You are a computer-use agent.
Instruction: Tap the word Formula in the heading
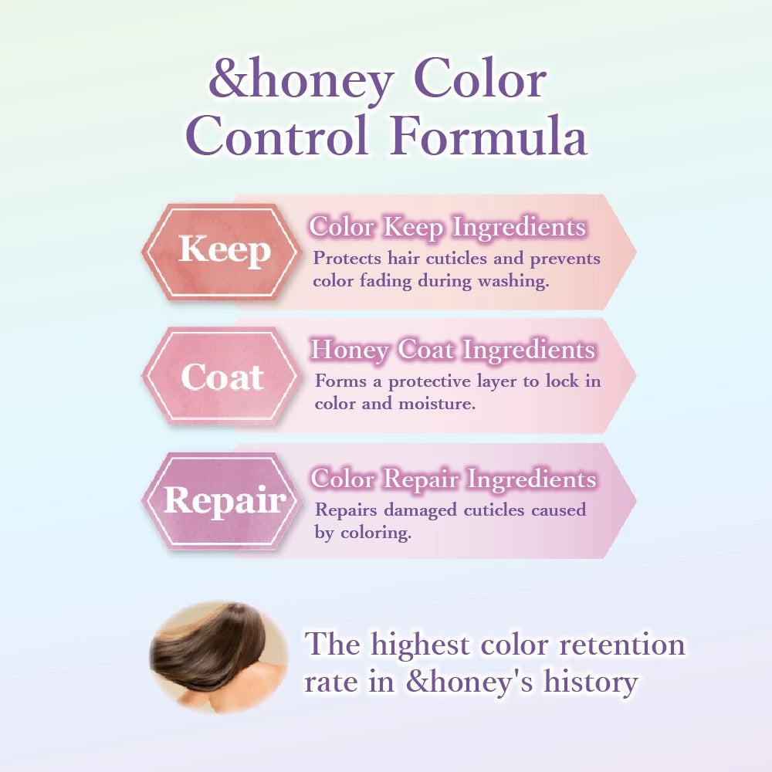489,135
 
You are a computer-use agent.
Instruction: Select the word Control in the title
277,135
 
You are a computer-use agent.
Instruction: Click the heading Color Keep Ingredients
448,228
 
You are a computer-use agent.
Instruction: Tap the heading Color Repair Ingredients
453,479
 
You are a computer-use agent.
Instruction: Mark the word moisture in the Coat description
437,404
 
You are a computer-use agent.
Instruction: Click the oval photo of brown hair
218,657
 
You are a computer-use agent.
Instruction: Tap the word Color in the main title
480,80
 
